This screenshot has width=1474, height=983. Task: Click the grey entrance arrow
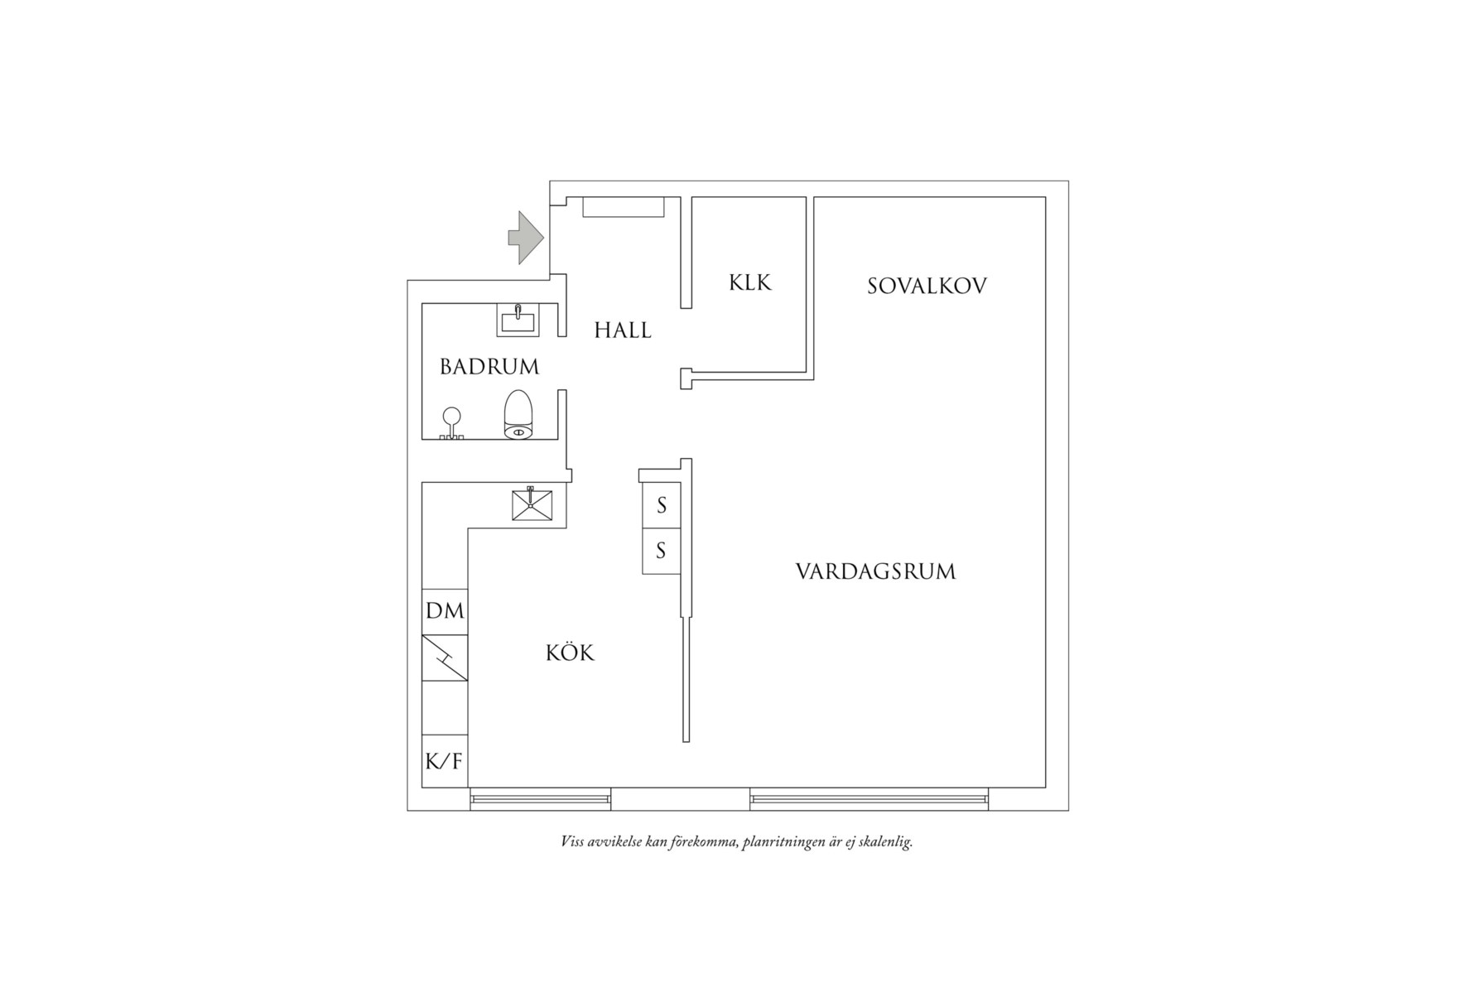tap(524, 238)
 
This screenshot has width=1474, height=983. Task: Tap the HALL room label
tap(623, 330)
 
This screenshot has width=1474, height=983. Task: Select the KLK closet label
tap(750, 282)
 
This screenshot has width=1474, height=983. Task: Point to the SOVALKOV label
tap(927, 287)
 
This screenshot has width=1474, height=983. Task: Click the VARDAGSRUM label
tap(875, 571)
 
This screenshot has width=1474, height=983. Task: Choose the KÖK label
tap(570, 653)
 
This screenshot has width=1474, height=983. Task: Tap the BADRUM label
tap(489, 366)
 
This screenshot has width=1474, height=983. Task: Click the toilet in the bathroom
tap(518, 413)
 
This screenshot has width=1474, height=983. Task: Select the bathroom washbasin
tap(518, 320)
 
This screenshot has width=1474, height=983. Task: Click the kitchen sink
tap(532, 504)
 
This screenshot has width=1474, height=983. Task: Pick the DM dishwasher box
tap(445, 611)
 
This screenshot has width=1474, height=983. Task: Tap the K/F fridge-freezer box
tap(445, 760)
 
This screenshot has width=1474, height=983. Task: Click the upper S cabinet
tap(662, 505)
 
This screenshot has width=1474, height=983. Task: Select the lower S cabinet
tap(662, 551)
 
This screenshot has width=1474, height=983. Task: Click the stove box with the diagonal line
tap(445, 658)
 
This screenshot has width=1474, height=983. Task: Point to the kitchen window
tap(541, 798)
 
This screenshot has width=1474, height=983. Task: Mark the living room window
tap(869, 798)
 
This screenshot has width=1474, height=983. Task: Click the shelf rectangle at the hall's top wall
tap(624, 207)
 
